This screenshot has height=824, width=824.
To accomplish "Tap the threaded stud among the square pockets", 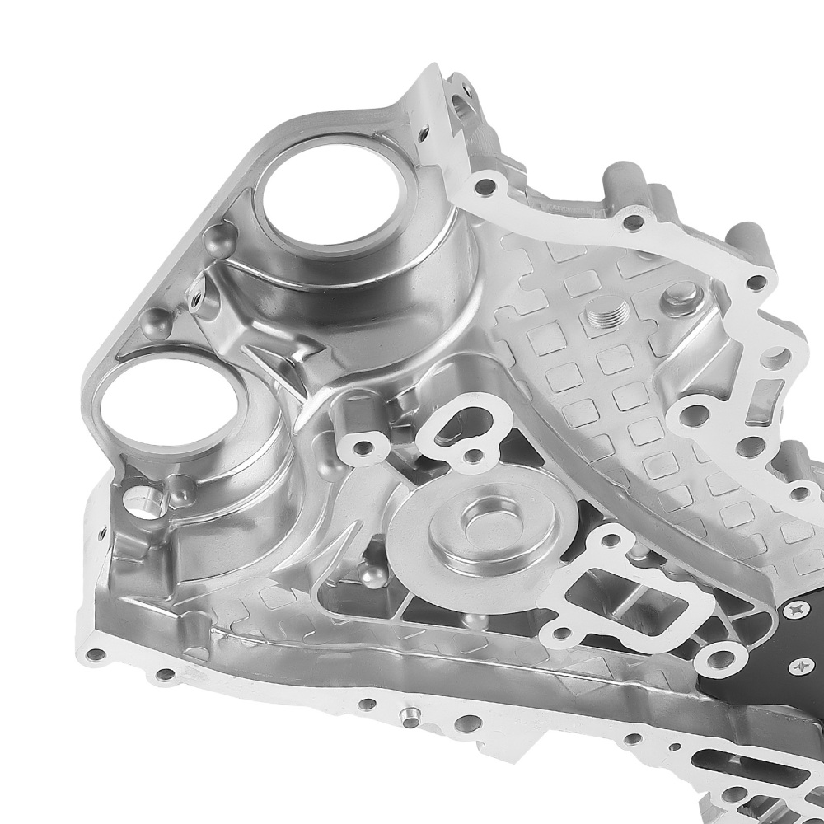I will point(606,317).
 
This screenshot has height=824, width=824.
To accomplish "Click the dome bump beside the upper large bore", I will point(218,239).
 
